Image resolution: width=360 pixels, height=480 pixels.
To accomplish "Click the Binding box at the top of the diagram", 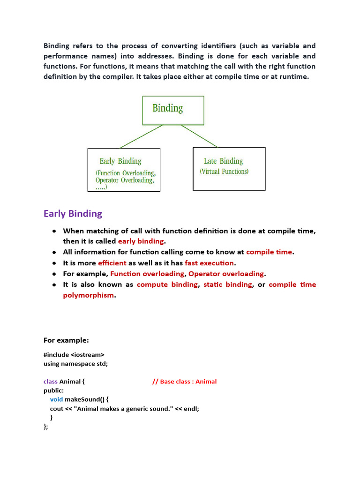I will point(173,110).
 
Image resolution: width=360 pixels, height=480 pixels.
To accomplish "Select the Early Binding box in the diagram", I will point(124,170).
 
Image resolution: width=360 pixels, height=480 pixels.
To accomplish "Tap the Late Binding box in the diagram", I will point(229,169).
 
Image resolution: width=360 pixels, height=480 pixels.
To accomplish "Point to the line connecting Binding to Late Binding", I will point(199,135).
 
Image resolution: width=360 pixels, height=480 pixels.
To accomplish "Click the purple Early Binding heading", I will point(73,214).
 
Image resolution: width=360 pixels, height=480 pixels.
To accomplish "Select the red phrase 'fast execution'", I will point(209,263).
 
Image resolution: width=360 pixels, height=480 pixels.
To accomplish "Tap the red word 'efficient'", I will point(112,263).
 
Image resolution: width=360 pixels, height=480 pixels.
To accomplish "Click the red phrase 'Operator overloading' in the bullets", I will point(226,274).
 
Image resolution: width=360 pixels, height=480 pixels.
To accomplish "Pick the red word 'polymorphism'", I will point(88,295).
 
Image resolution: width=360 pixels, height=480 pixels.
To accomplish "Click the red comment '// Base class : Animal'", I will point(184,382).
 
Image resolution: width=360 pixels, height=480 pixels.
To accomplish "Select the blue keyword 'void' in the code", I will point(56,399).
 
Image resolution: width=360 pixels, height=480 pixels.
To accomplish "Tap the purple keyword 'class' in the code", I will point(51,382).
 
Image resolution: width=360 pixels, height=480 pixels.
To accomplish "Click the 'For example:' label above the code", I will point(66,340).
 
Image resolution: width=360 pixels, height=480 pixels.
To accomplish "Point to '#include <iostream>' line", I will point(74,355).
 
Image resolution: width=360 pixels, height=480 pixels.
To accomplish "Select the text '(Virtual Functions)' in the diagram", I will point(224,172).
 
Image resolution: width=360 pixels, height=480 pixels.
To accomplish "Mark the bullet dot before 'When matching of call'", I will point(54,231).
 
